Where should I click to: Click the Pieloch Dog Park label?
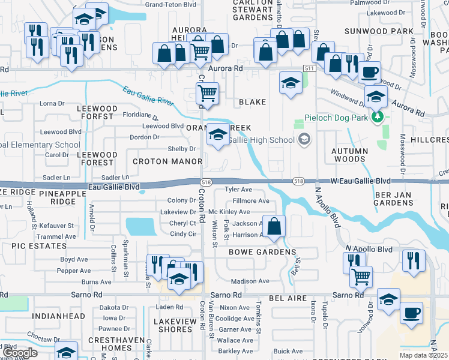coord(336,118)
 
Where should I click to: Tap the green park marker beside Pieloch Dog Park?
coord(378,118)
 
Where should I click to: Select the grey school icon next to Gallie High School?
coord(304,140)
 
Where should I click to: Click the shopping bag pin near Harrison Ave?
coord(274,227)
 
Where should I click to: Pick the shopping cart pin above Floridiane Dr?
coord(207,94)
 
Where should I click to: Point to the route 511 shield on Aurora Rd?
coord(309,70)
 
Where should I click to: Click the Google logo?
coord(19,353)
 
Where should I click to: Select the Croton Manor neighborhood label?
coord(158,161)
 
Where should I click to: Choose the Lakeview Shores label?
coord(173,326)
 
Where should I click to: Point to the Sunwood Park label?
coord(379,31)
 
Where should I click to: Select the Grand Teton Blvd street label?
coord(171,4)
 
